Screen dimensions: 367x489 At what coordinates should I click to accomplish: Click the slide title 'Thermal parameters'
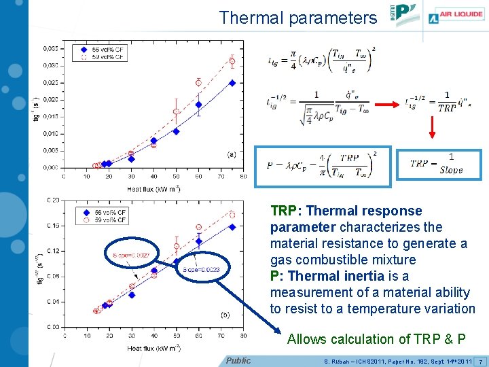297,18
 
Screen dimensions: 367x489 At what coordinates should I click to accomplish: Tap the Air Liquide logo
454,18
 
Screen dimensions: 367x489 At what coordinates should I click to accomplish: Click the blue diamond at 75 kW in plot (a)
232,83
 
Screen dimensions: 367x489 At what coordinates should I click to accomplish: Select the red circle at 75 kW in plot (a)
232,61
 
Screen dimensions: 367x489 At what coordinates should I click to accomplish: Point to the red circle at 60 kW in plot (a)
198,82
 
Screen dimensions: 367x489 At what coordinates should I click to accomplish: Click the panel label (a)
232,154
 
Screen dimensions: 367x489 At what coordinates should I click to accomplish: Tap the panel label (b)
225,313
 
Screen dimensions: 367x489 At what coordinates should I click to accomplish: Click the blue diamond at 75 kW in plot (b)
232,227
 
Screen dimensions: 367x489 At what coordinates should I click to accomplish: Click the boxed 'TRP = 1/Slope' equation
437,162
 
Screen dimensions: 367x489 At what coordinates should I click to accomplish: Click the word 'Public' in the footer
238,360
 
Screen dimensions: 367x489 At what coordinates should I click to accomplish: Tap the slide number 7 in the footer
480,360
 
